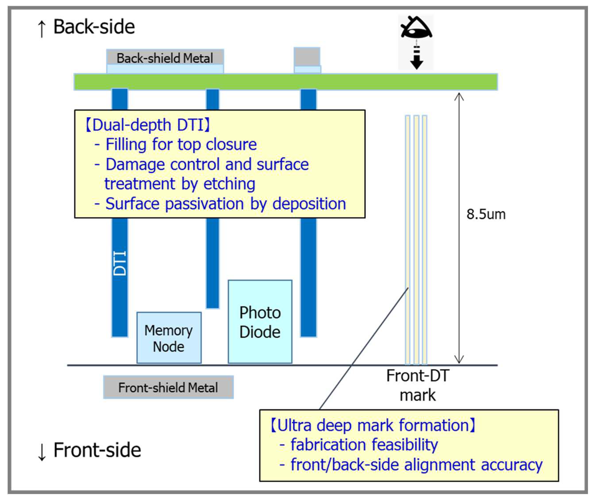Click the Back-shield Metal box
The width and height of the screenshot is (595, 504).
[x=165, y=58]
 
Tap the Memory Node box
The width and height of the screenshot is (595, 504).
[x=169, y=338]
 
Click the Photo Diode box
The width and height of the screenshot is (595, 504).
[x=260, y=322]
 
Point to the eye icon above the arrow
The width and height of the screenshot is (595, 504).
[x=416, y=28]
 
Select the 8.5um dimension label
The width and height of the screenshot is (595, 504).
[x=486, y=214]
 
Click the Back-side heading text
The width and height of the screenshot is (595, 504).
[x=94, y=27]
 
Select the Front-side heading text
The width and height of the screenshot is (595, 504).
[x=97, y=450]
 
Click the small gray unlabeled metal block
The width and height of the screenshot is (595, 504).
[x=307, y=57]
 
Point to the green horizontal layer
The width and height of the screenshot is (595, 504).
[x=285, y=82]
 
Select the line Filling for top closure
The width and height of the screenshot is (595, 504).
[x=181, y=144]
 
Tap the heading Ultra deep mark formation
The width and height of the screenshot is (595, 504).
[x=373, y=425]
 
